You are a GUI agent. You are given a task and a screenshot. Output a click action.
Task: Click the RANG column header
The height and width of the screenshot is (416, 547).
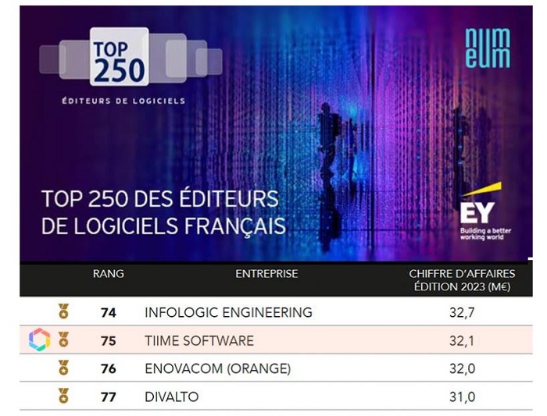point(108,274)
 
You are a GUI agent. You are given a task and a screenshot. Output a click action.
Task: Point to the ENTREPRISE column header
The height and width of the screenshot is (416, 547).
point(266,274)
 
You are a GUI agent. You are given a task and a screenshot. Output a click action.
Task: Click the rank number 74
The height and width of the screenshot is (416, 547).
point(109,312)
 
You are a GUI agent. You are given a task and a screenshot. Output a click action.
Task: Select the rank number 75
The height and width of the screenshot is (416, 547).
point(109,340)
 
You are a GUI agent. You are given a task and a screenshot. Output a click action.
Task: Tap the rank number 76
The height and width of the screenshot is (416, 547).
point(109,368)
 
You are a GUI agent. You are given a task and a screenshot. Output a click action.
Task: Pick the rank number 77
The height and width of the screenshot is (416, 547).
point(109,396)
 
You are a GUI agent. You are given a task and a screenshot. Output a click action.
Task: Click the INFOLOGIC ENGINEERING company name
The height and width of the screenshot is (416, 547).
point(228,312)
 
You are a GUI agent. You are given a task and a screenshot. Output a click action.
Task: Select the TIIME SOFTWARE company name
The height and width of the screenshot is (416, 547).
point(198,340)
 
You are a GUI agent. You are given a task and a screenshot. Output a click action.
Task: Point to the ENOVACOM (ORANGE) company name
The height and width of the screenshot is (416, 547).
point(217,368)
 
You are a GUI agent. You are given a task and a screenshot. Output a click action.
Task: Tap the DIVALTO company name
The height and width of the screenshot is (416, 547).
point(172,396)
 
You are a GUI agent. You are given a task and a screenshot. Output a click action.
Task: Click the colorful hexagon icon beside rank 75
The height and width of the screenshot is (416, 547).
point(39,340)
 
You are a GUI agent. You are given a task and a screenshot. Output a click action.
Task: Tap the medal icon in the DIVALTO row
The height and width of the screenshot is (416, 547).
point(63,396)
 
